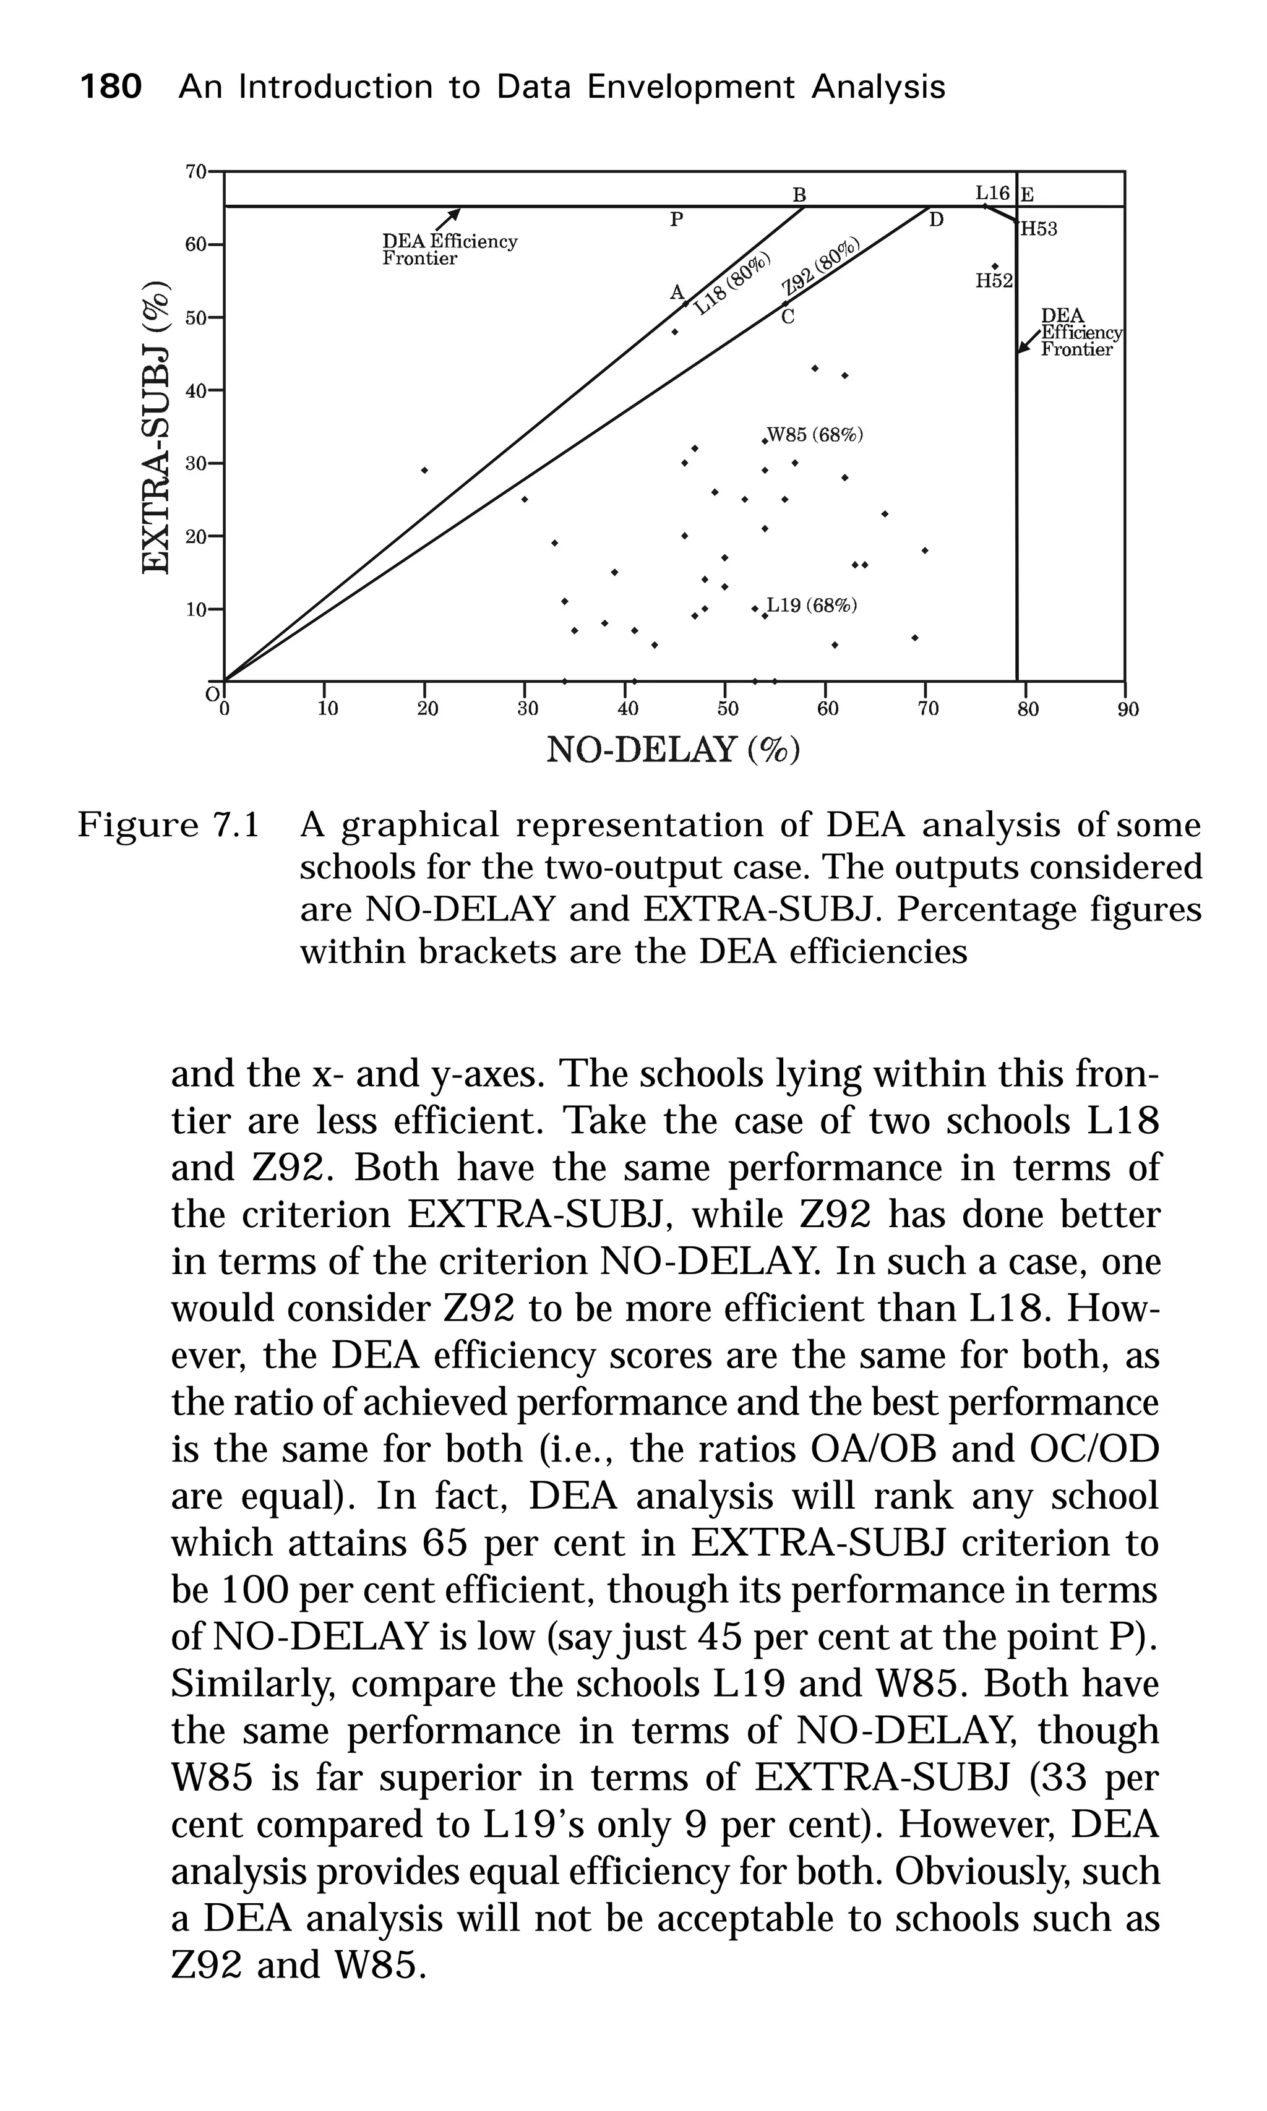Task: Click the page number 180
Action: click(x=110, y=87)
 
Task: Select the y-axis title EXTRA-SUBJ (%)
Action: click(x=155, y=427)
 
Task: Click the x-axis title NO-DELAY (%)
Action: click(x=672, y=750)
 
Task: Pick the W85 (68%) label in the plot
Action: click(x=815, y=435)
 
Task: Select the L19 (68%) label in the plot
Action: click(x=811, y=606)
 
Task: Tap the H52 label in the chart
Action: click(x=994, y=281)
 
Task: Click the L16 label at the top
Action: click(x=992, y=193)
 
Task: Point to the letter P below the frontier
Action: click(x=676, y=220)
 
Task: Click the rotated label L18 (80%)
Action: click(x=732, y=285)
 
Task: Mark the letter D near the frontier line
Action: click(x=936, y=220)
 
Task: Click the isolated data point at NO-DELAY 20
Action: click(x=424, y=470)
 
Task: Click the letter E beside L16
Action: click(x=1027, y=195)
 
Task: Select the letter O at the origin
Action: click(x=212, y=694)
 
